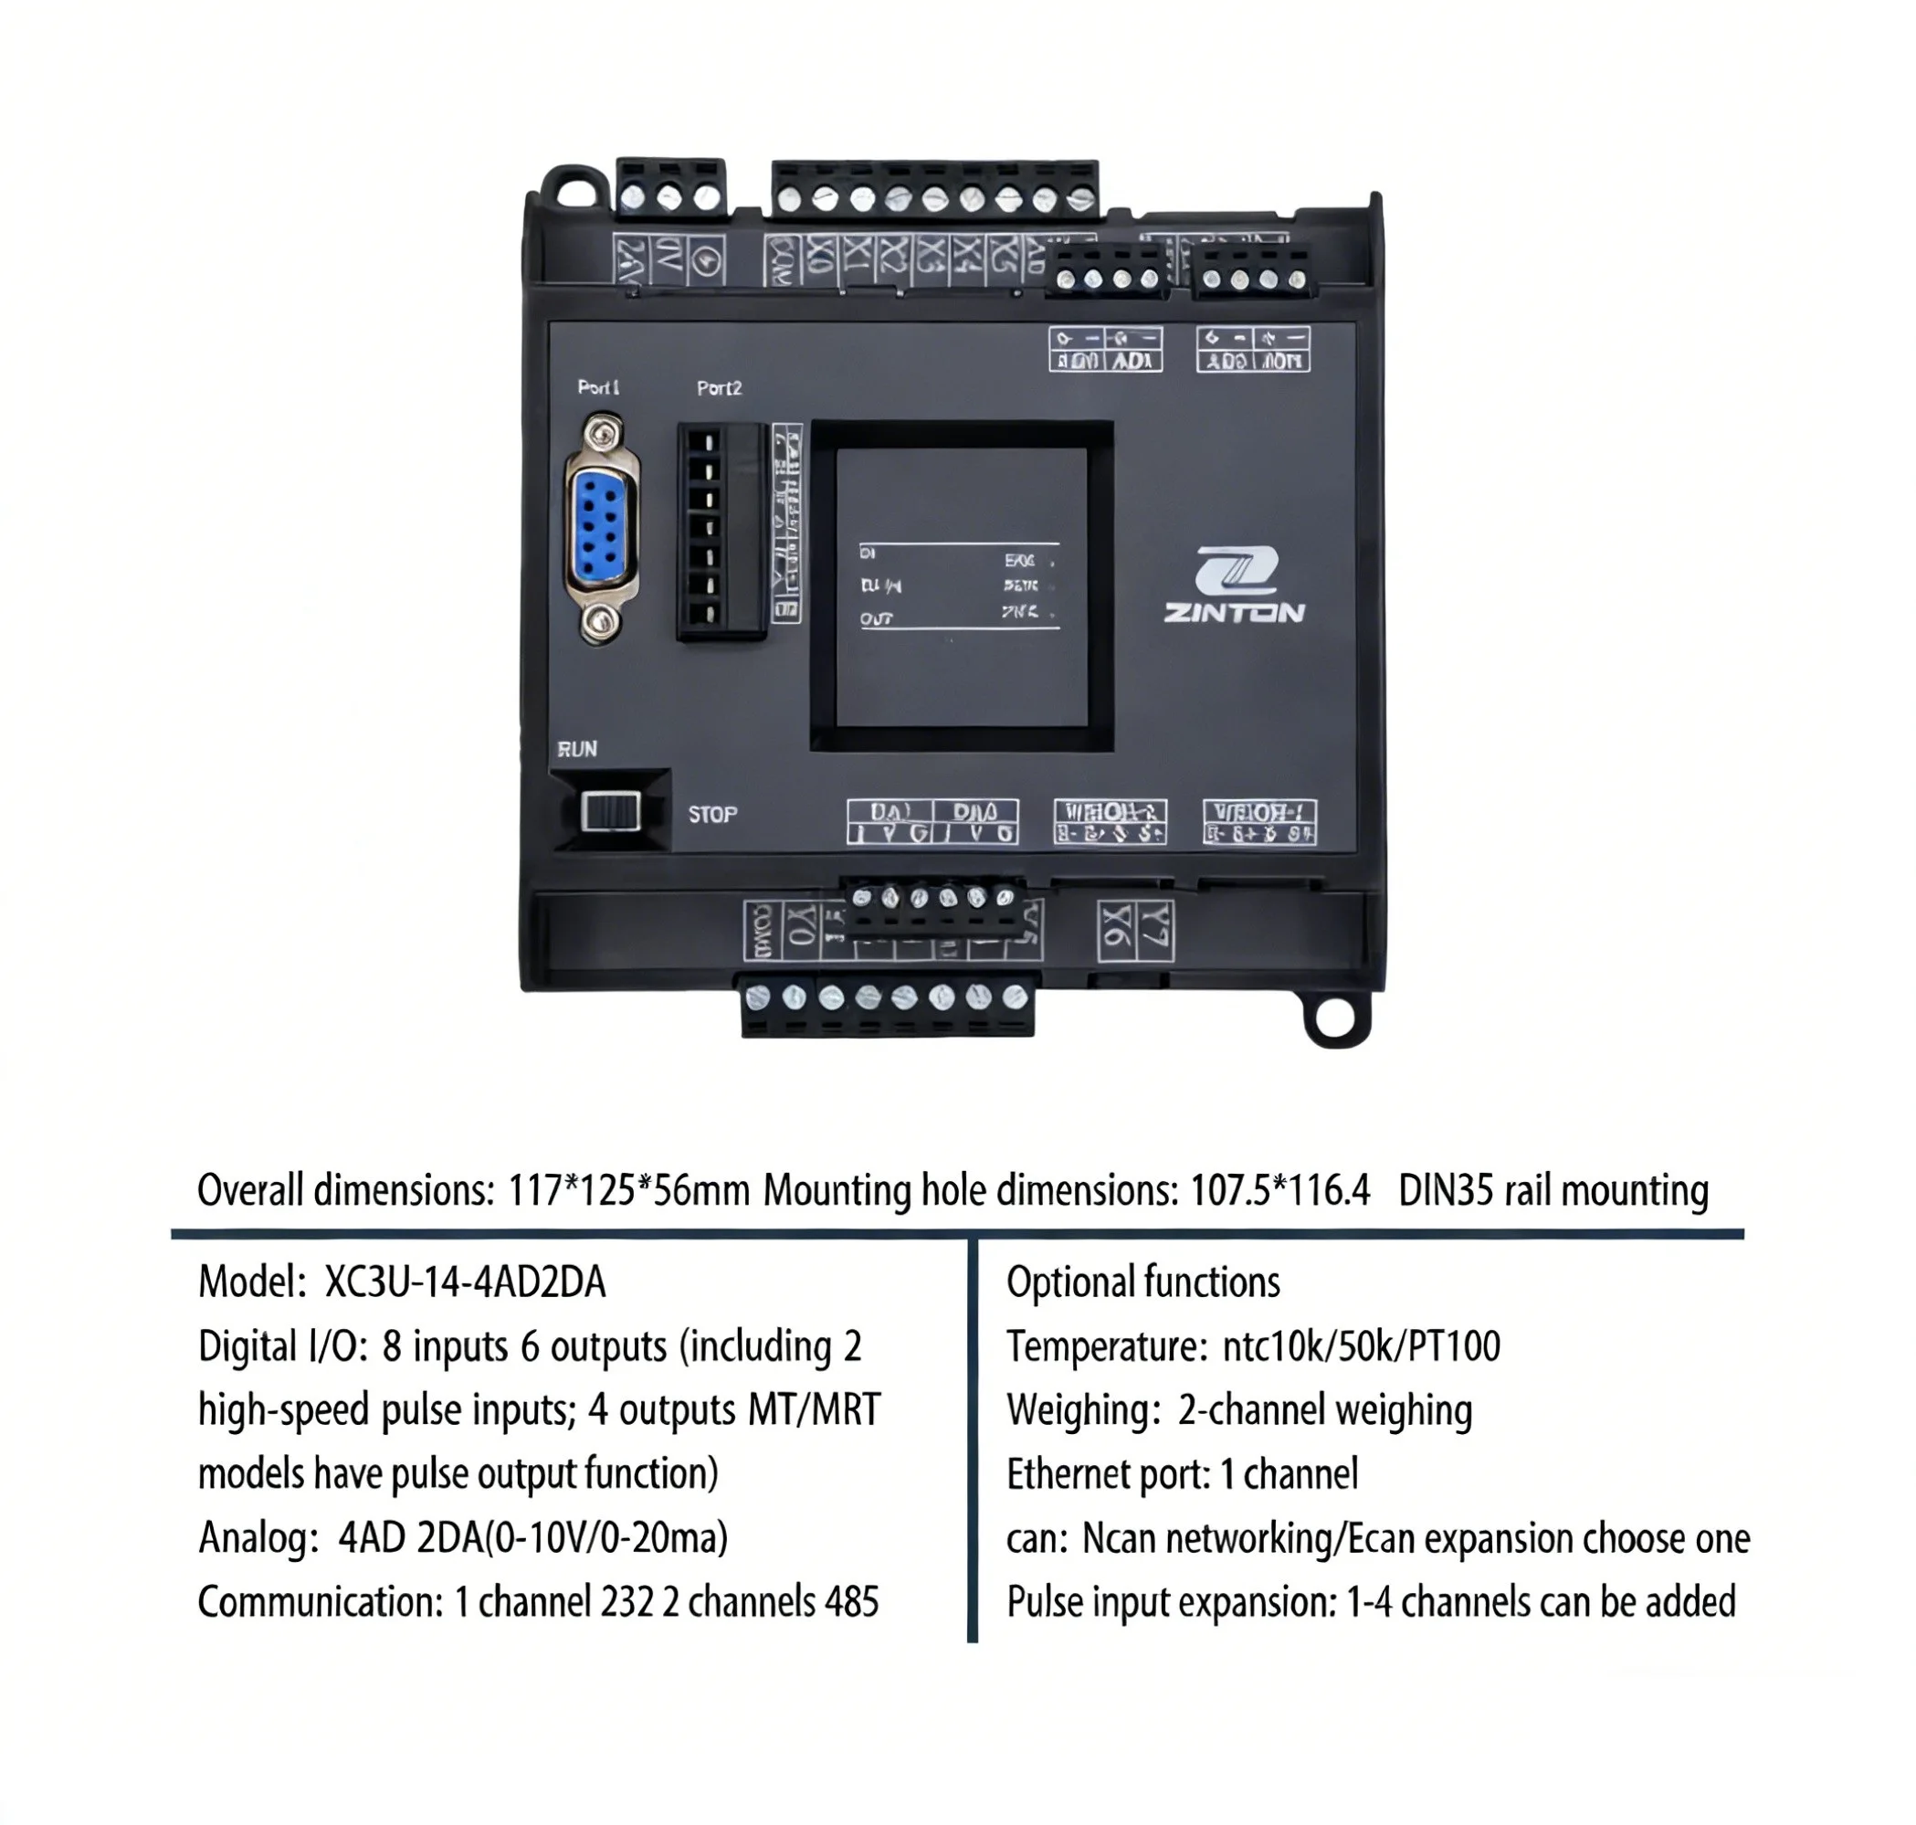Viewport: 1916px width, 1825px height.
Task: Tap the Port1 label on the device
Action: coord(598,387)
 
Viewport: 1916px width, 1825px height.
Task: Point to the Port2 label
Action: coord(719,388)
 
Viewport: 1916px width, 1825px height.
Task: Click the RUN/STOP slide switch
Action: coord(610,810)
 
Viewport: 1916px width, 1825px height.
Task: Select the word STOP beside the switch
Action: coord(712,814)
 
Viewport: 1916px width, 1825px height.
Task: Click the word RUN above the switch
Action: coord(577,749)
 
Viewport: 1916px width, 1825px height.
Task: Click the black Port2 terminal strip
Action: coord(720,532)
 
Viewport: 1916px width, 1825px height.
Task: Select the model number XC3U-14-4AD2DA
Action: coord(465,1282)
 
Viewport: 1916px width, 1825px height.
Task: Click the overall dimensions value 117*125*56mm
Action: coord(628,1190)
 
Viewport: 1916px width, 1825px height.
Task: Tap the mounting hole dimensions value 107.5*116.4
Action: coord(1280,1190)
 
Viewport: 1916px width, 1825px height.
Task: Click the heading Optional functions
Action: coord(1142,1282)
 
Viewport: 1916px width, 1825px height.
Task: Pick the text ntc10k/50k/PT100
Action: coord(1361,1346)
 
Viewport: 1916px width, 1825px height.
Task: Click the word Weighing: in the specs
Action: coord(1079,1409)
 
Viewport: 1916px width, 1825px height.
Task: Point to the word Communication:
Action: coord(320,1602)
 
